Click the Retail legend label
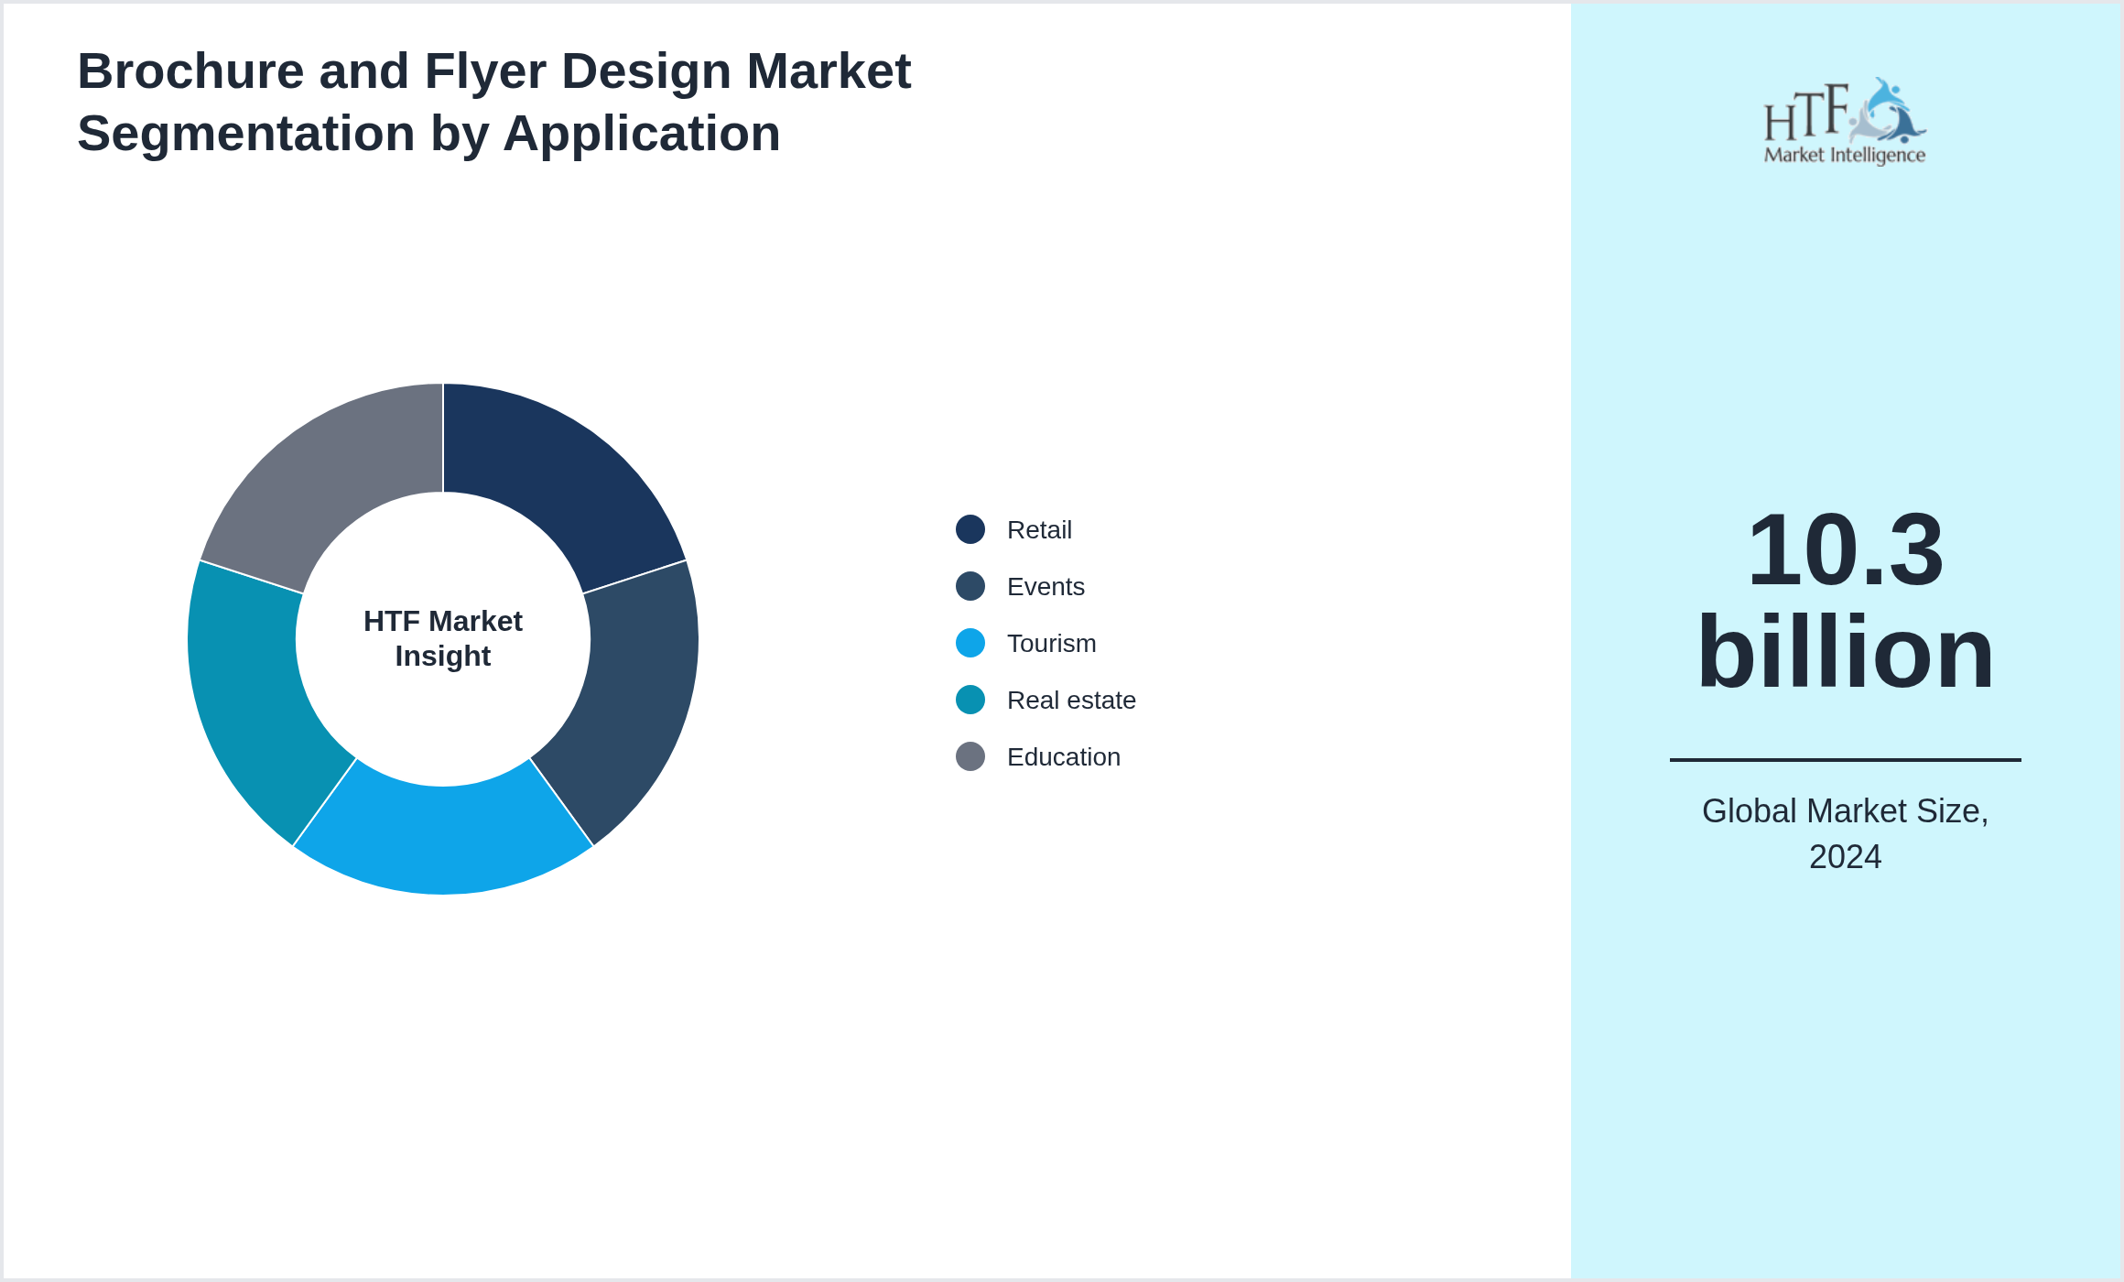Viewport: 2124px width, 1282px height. tap(1038, 529)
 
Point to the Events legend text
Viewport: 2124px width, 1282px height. tap(1045, 586)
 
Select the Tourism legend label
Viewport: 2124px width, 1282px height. tap(1050, 643)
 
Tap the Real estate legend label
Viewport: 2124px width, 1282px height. tap(1070, 700)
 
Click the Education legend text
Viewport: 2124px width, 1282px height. tap(1063, 756)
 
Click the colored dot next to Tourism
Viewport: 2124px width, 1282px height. tap(970, 643)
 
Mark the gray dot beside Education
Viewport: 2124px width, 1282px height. tap(970, 756)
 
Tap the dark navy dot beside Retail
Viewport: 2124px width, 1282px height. tap(970, 529)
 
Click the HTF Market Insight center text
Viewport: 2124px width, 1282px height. tap(443, 638)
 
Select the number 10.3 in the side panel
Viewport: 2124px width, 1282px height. tap(1845, 550)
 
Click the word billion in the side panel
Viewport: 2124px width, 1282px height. tap(1845, 652)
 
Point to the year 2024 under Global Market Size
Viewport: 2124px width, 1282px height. tap(1845, 857)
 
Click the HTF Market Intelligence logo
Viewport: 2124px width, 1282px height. tap(1844, 122)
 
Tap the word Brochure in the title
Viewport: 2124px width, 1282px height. tap(190, 71)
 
